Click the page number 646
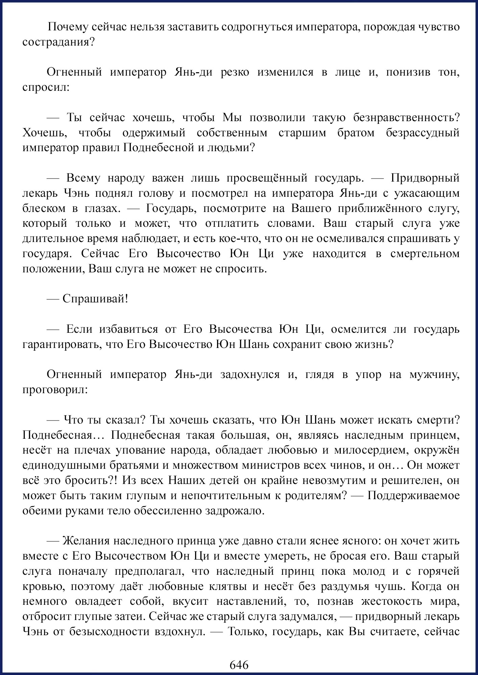coord(239,665)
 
